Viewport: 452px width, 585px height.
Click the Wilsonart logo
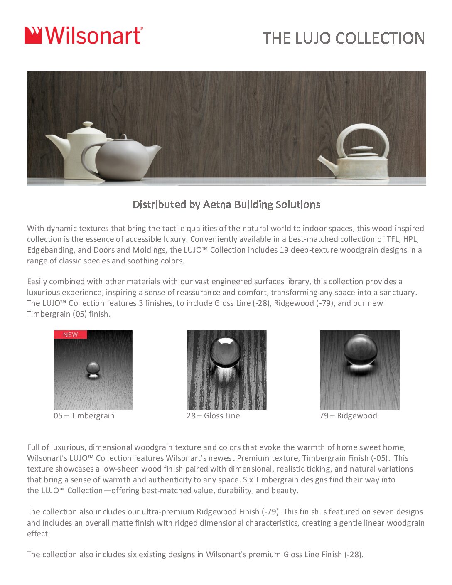point(84,36)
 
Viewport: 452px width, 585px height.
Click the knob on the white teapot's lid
point(88,125)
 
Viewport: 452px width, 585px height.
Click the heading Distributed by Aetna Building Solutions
point(226,204)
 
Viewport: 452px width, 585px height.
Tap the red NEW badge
point(70,334)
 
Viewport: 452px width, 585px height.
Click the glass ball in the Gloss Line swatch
point(225,351)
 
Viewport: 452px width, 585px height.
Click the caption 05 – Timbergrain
point(84,416)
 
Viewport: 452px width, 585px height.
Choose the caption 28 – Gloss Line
point(213,416)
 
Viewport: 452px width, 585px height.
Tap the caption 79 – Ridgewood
point(348,416)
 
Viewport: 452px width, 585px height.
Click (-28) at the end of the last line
point(354,555)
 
